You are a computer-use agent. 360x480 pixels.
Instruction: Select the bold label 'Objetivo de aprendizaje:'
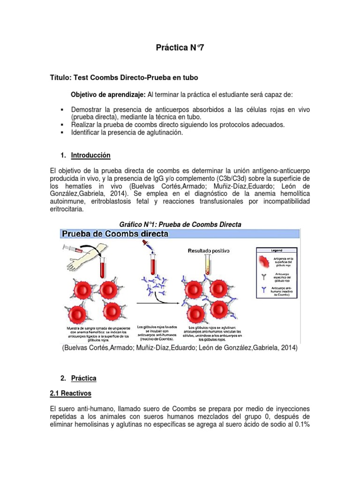108,95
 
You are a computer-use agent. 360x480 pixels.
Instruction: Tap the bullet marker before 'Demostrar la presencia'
62,109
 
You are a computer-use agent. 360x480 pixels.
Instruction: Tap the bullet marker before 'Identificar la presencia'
62,133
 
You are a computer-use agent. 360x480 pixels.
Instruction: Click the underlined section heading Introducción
90,155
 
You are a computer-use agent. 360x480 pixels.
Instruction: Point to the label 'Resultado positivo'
209,251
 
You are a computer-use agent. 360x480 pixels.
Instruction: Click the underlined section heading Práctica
84,378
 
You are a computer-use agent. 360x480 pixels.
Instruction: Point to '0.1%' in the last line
301,425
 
